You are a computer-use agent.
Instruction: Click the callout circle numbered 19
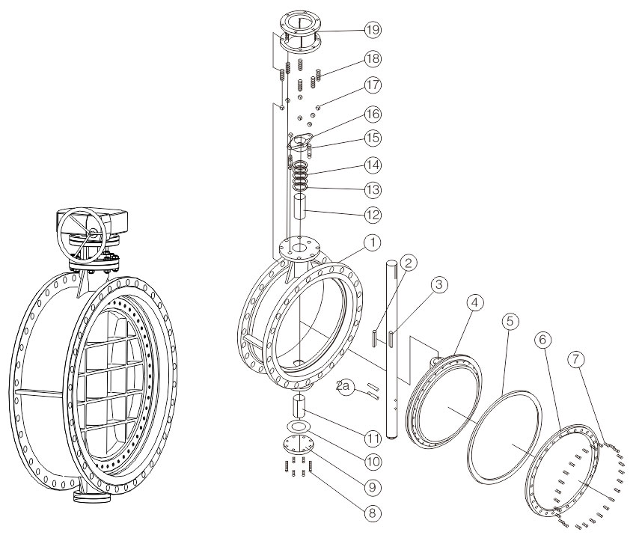click(x=373, y=30)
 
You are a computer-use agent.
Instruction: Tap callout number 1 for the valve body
click(x=372, y=242)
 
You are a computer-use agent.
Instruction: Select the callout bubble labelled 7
click(x=575, y=359)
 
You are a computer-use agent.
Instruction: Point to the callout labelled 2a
click(x=345, y=386)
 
